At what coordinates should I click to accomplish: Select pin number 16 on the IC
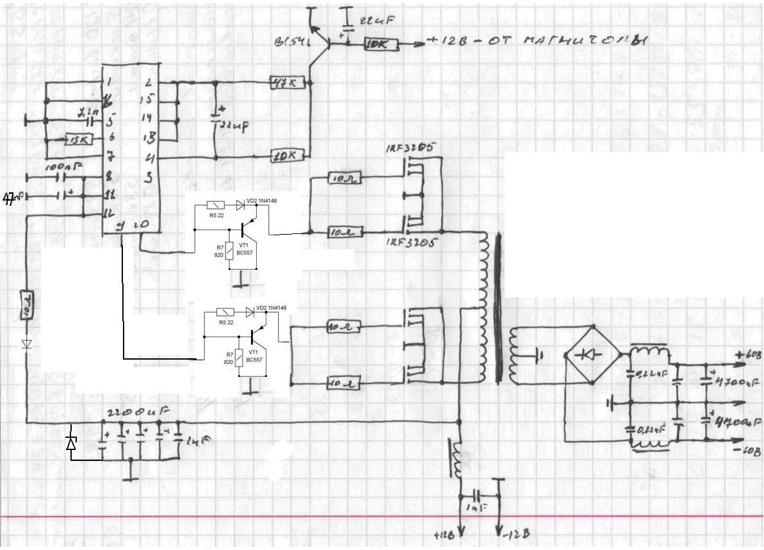pyautogui.click(x=109, y=99)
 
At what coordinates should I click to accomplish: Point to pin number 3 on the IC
pyautogui.click(x=147, y=178)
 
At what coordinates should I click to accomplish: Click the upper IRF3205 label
pyautogui.click(x=410, y=149)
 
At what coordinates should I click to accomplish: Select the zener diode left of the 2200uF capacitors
pyautogui.click(x=72, y=442)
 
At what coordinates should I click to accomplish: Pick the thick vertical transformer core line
pyautogui.click(x=497, y=308)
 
